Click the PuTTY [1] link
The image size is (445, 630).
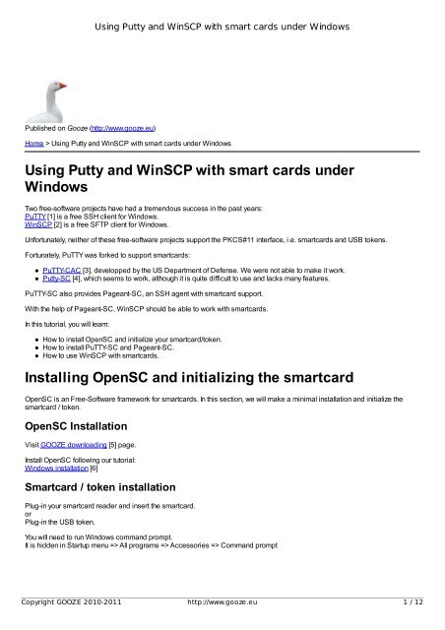coord(37,218)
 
